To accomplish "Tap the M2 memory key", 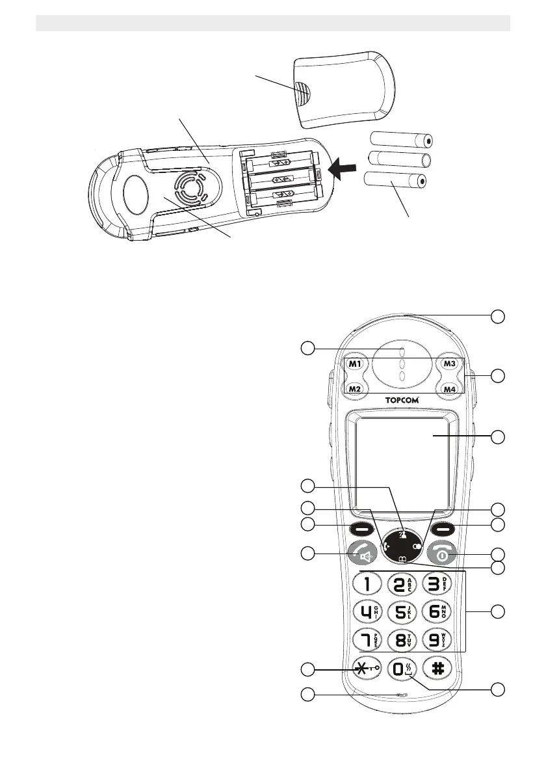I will point(355,389).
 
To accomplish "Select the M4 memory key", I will point(448,389).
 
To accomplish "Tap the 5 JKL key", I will point(402,611).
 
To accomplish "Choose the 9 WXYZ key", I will point(437,639).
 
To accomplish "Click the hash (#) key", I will point(437,667).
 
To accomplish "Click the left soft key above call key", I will point(363,528).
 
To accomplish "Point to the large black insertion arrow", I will point(343,170).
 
